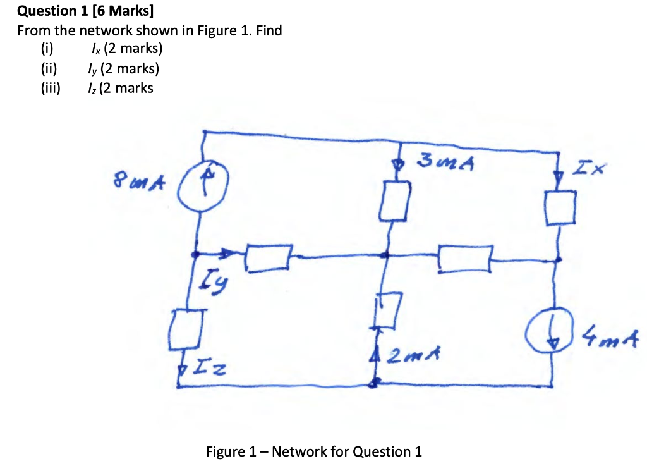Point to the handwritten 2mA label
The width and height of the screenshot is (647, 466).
click(409, 355)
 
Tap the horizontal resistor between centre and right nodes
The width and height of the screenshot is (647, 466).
click(465, 258)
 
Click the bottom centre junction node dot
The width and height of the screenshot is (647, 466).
click(375, 382)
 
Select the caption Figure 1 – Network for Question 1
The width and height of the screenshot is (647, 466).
click(313, 451)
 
